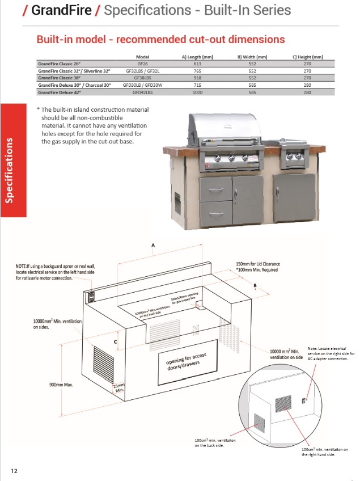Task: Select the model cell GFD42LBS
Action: (142, 91)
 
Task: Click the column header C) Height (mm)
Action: (307, 57)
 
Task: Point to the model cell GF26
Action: (142, 65)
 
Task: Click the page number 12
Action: (14, 471)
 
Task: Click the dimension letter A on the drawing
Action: (153, 246)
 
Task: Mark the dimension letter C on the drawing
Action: (115, 341)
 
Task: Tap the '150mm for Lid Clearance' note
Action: (258, 264)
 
